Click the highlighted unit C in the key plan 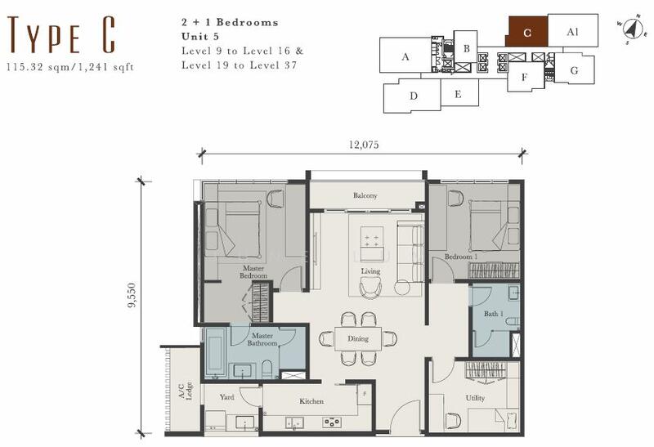coord(526,32)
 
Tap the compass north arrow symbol coord(631,29)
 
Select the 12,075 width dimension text coord(364,145)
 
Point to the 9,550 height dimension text coord(132,295)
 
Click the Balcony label coord(365,195)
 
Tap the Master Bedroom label coord(253,272)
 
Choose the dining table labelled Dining coord(358,338)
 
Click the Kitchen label coord(311,401)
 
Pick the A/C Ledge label coord(186,391)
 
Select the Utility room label coord(475,398)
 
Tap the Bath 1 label coord(494,313)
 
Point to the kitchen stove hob coord(332,422)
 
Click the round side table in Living coord(402,288)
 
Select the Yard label coord(227,397)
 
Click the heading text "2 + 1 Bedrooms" coord(230,23)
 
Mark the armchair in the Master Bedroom coord(275,199)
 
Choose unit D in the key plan coord(412,96)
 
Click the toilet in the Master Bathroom coord(267,369)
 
